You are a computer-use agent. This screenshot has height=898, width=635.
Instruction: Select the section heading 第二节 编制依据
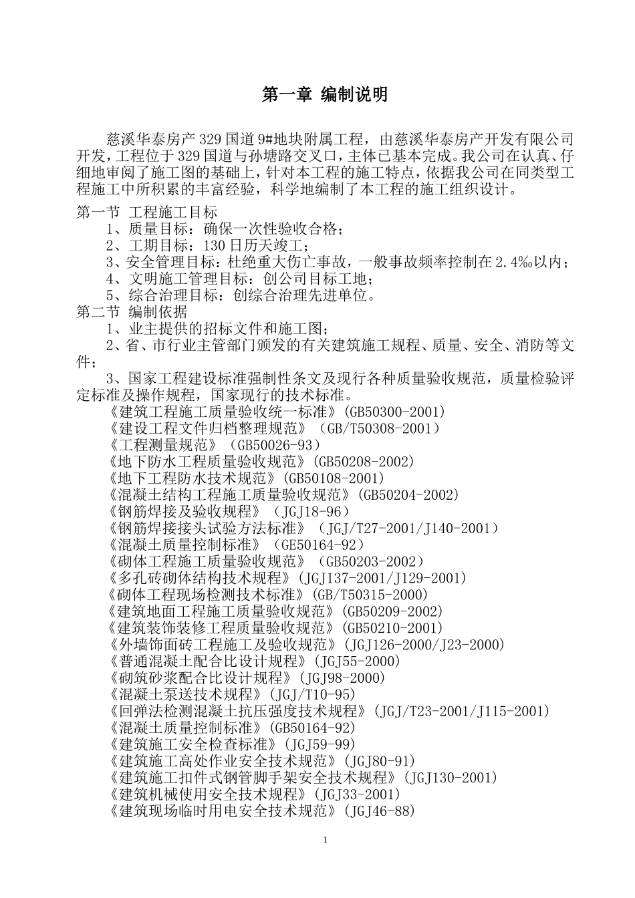point(132,312)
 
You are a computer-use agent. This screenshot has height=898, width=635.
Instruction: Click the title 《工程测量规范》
point(162,445)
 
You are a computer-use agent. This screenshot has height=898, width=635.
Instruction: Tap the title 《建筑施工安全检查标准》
point(192,745)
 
